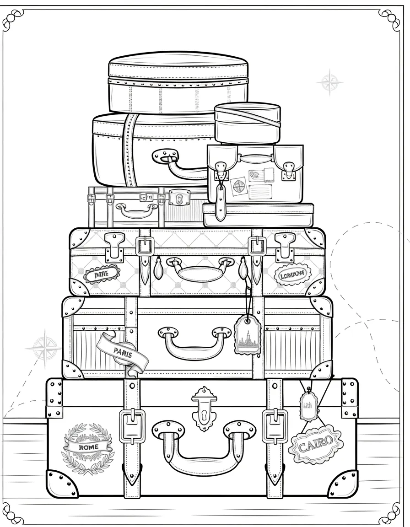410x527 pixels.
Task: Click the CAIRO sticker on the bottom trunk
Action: coord(316,443)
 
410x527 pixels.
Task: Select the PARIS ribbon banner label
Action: coord(122,352)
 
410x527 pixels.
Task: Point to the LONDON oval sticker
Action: coord(292,275)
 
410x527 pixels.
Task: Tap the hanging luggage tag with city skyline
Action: coord(247,337)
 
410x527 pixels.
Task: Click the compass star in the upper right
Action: coord(330,83)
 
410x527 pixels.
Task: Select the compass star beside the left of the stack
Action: coord(44,348)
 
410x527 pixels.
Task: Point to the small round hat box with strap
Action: coord(248,122)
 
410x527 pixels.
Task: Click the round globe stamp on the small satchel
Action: coord(238,185)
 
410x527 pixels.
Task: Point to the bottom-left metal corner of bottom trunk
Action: coord(62,483)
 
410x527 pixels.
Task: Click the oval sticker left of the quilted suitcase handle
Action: coord(102,275)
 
